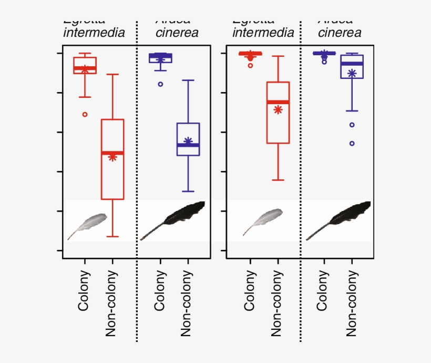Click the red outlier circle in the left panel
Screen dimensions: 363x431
click(85, 114)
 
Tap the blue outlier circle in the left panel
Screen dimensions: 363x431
click(160, 84)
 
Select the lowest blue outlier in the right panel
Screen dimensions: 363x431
click(352, 143)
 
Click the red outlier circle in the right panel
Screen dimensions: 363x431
click(251, 65)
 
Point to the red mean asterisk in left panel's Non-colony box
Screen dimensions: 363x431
click(112, 157)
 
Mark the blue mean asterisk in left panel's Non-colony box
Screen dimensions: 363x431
click(188, 141)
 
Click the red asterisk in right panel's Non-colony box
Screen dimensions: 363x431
click(278, 109)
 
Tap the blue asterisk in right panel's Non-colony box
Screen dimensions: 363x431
click(352, 74)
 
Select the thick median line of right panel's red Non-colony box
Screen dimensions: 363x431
click(278, 102)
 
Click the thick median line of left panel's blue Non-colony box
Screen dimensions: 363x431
click(188, 145)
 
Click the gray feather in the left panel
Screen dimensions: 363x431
click(88, 225)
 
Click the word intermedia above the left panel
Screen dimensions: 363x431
click(94, 33)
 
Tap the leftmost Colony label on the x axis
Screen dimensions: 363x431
click(85, 290)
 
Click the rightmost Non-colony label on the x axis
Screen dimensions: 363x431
click(352, 303)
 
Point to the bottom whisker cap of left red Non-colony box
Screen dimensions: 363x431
click(112, 237)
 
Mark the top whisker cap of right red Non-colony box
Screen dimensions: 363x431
click(278, 56)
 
